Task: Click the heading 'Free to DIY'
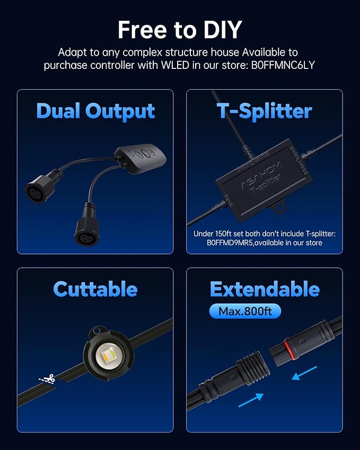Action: tap(180, 29)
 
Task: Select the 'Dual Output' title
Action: tap(95, 111)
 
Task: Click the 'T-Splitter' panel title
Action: tap(264, 111)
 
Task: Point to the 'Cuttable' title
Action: tap(95, 289)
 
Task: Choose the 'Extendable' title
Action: tap(264, 289)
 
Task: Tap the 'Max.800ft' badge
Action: tap(244, 311)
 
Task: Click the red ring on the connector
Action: tap(287, 348)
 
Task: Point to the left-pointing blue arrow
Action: tap(306, 372)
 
